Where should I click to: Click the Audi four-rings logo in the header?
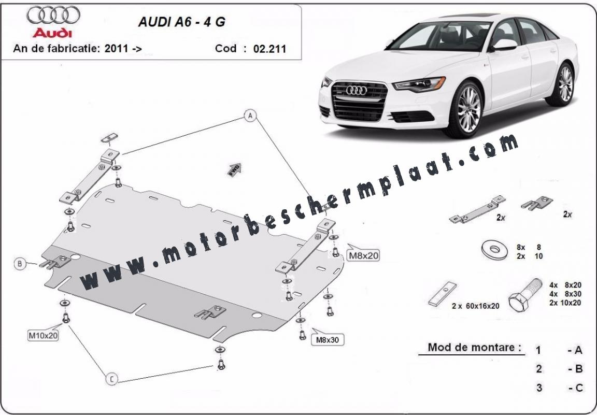coord(53,16)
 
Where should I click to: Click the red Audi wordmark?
coord(52,33)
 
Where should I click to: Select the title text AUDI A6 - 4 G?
coord(181,23)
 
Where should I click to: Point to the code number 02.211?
coord(269,49)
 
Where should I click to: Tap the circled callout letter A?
coord(250,116)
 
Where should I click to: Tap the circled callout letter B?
coord(20,264)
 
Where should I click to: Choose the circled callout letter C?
coord(111,380)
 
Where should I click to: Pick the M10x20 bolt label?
coord(43,335)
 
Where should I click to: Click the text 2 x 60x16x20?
coord(475,306)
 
